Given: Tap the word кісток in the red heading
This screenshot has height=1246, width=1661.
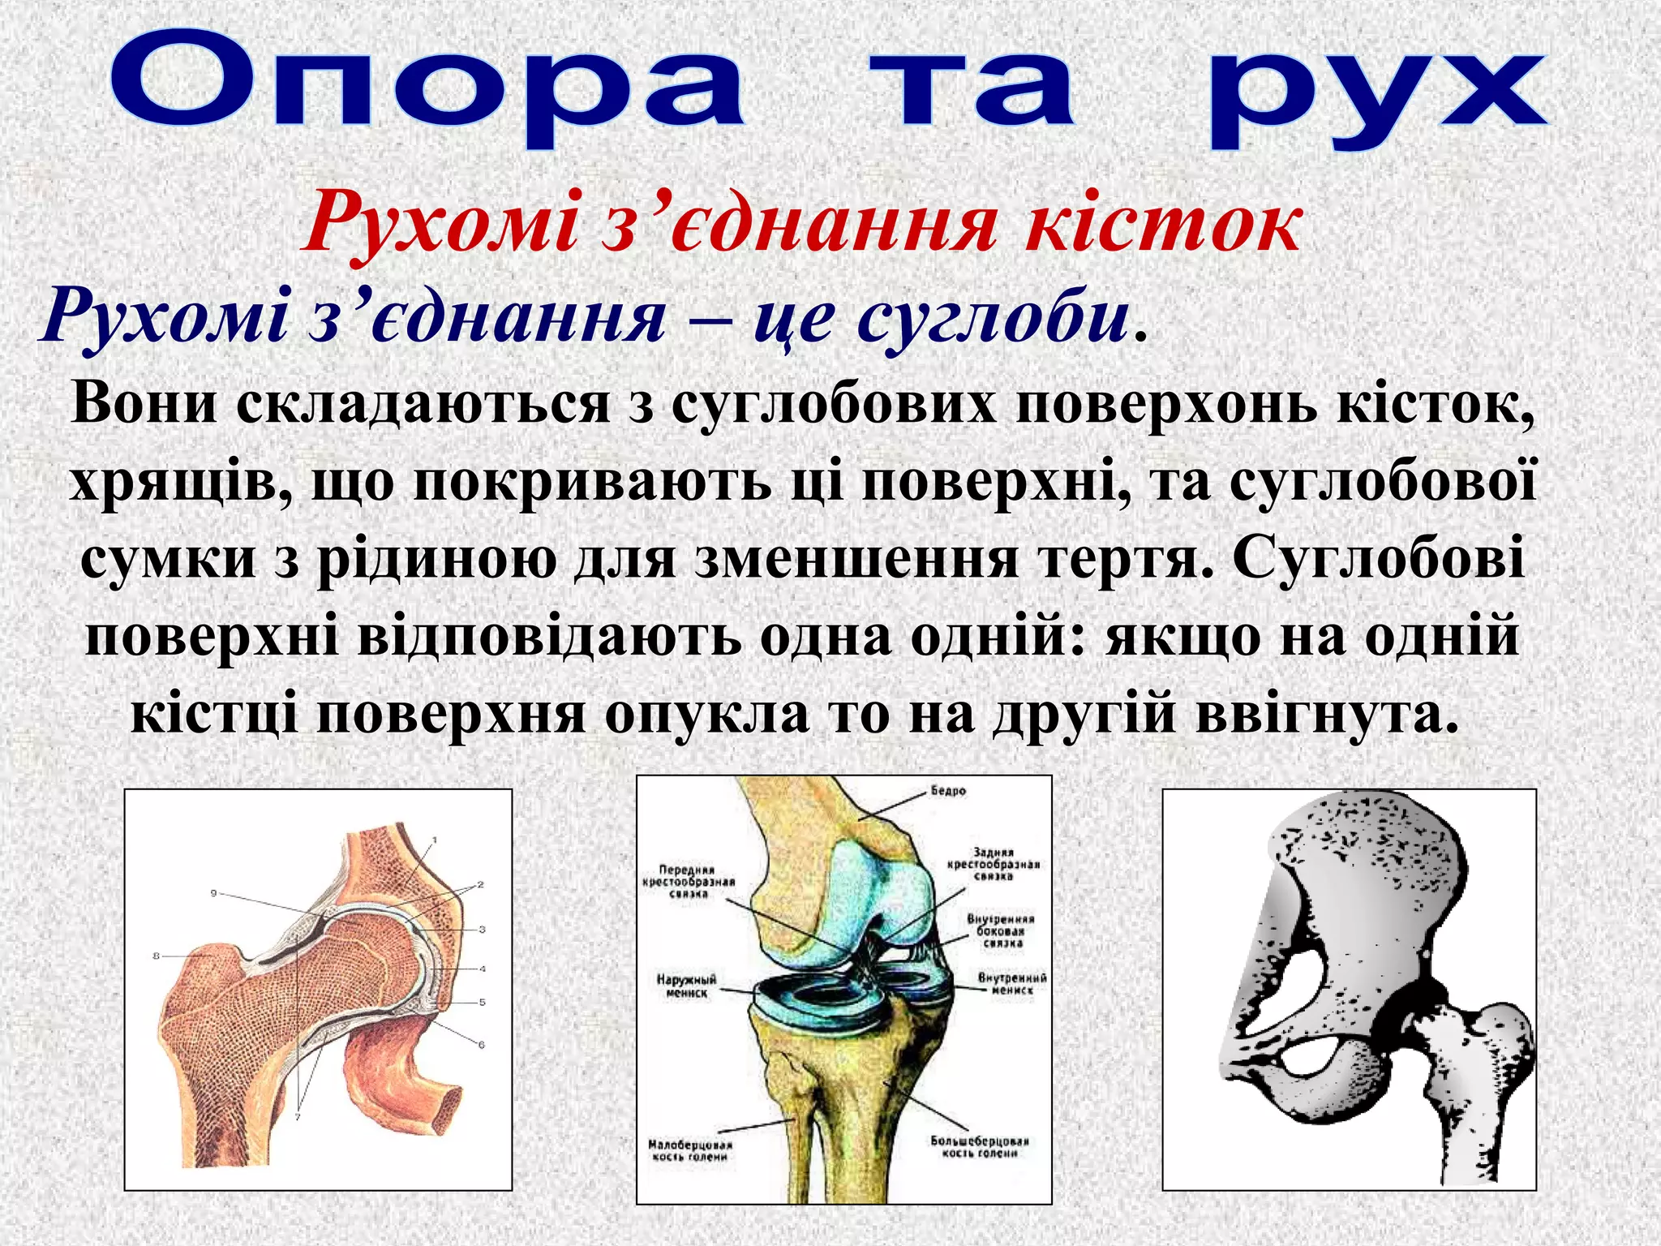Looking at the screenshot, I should (x=1164, y=221).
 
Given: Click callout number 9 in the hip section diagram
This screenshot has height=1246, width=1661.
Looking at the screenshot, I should (x=214, y=893).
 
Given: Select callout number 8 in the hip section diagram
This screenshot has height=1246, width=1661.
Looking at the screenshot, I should (x=157, y=956).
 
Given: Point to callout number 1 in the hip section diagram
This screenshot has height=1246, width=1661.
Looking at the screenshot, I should (x=435, y=840).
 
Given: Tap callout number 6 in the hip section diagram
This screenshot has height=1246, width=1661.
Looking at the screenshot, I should (x=481, y=1045).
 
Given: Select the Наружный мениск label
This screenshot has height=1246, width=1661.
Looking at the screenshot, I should (x=686, y=986).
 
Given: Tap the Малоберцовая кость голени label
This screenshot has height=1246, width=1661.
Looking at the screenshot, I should (x=689, y=1150).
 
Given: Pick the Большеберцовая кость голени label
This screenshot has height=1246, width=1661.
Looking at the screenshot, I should (x=979, y=1147).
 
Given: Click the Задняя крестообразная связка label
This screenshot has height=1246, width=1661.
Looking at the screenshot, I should (x=993, y=865).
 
